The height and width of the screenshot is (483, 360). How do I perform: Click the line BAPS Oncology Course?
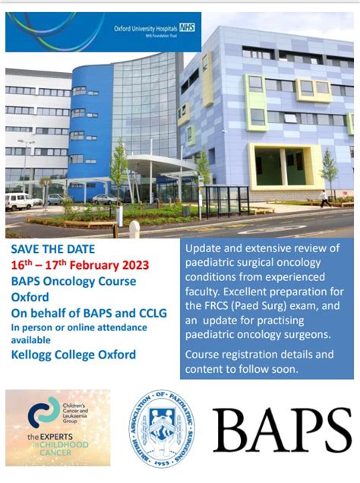coord(74,281)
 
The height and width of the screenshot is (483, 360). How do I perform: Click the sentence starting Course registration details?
coord(260,354)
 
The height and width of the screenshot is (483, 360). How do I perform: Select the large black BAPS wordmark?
coord(282,430)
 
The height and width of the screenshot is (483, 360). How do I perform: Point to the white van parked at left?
coord(19,201)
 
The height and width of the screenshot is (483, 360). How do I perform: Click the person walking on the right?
coord(325,198)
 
